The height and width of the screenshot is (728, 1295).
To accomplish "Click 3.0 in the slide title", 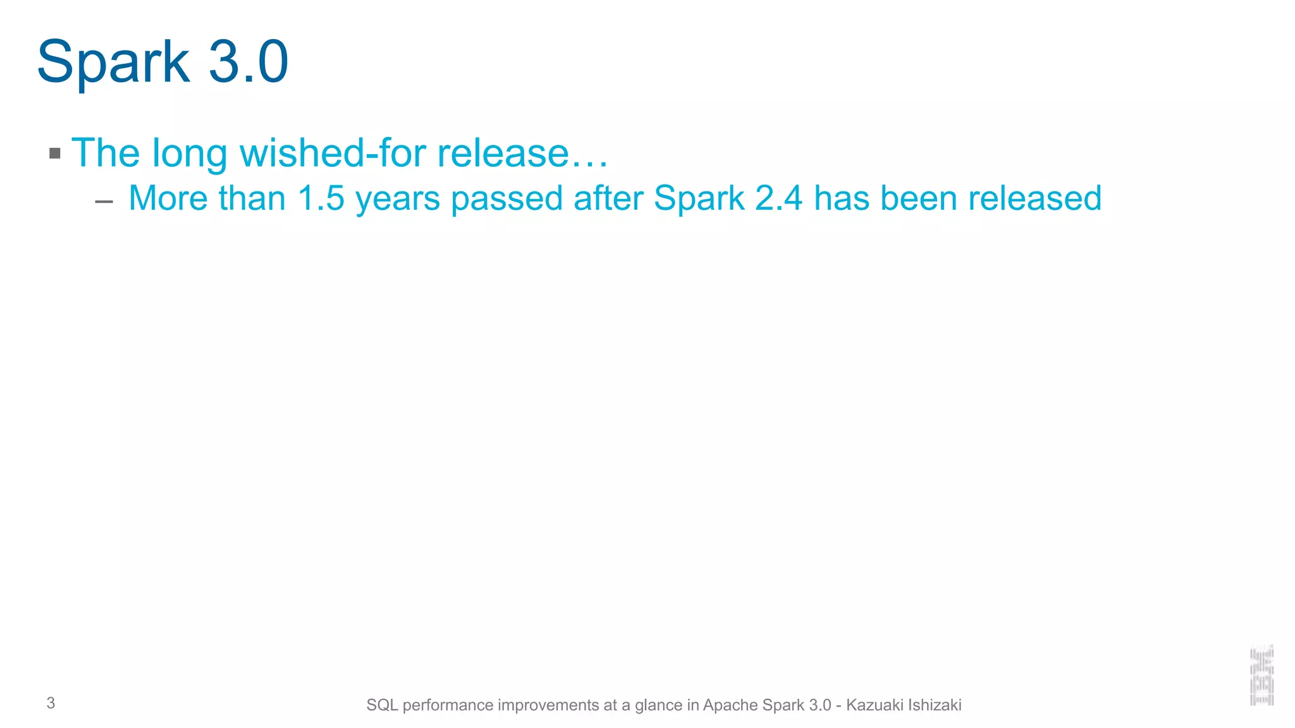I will coord(249,62).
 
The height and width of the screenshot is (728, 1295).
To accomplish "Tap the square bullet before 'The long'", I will coord(55,153).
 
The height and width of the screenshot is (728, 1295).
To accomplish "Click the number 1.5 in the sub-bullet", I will coord(321,198).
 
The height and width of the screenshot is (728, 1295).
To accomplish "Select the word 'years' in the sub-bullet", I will coord(397,199).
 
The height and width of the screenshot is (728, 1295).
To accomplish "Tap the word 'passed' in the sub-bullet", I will coord(506,199).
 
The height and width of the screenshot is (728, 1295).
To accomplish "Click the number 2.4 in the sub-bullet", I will coord(779,198).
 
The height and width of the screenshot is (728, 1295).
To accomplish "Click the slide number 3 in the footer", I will coord(51,703).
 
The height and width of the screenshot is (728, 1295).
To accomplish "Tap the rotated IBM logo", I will coord(1261,675).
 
